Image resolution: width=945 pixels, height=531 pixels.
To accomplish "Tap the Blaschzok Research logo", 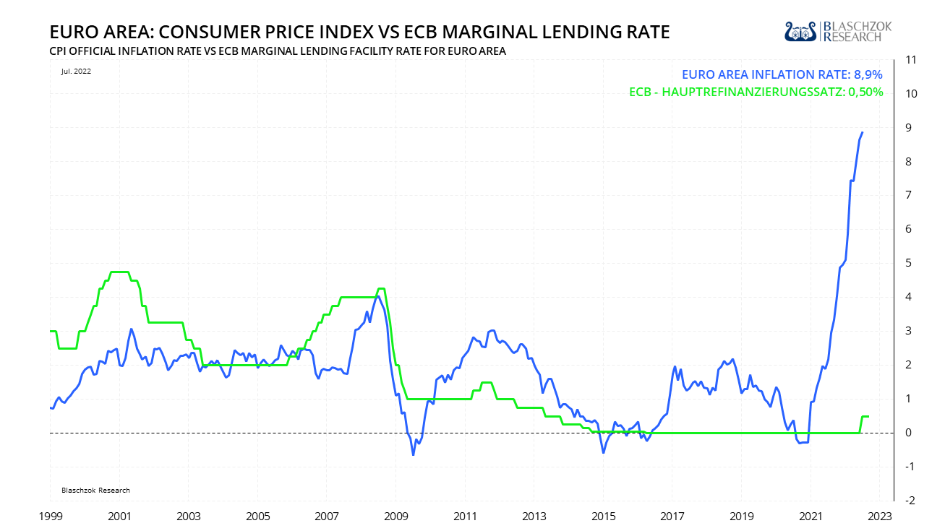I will click(x=839, y=31).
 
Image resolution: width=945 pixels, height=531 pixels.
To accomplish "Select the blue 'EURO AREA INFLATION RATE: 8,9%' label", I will click(x=782, y=74).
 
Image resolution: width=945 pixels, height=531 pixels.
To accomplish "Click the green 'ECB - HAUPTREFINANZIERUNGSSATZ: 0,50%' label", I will click(x=756, y=92).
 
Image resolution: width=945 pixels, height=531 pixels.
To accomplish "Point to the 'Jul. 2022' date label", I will click(x=76, y=71).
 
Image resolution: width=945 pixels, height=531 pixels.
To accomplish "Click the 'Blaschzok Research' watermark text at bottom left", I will click(x=95, y=490).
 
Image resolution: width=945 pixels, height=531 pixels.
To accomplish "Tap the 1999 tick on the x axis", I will click(x=50, y=517).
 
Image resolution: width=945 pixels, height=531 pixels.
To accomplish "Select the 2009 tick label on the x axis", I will click(x=396, y=517).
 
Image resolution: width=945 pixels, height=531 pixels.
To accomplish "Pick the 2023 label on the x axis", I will click(x=879, y=517).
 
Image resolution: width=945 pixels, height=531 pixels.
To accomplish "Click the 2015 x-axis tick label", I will click(x=603, y=517).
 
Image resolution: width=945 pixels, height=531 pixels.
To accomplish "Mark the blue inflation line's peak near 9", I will click(x=863, y=132).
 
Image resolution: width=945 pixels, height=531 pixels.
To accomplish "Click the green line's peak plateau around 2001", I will click(x=119, y=272).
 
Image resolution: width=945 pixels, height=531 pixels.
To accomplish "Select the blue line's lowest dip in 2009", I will click(x=414, y=454).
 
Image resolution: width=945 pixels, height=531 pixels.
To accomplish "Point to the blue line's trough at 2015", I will click(x=603, y=452).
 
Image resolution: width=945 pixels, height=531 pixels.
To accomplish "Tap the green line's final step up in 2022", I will click(x=861, y=418).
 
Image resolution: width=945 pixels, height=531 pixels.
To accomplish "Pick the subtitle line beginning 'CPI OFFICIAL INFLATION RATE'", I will click(x=277, y=51).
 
